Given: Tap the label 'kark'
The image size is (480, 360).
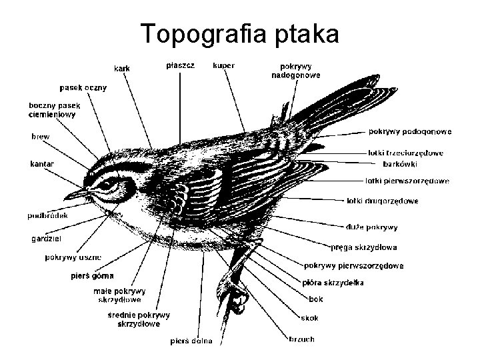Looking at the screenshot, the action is (122, 68).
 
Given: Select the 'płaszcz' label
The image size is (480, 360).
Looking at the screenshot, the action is (181, 65).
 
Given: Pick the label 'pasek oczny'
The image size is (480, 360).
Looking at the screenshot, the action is (83, 87).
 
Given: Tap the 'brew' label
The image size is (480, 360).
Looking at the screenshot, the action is (41, 136).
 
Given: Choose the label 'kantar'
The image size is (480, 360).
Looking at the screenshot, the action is (42, 163).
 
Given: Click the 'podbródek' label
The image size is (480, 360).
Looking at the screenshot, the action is (46, 215).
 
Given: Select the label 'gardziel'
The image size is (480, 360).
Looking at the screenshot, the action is (46, 239).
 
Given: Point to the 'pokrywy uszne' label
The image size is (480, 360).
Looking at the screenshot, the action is (73, 257).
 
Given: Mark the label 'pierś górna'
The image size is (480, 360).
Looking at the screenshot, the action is (92, 275).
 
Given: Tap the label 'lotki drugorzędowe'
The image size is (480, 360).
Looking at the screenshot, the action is (383, 201).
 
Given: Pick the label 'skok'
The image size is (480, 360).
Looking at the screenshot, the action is (310, 318).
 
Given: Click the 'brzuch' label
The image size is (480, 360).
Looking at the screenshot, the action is (301, 339).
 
